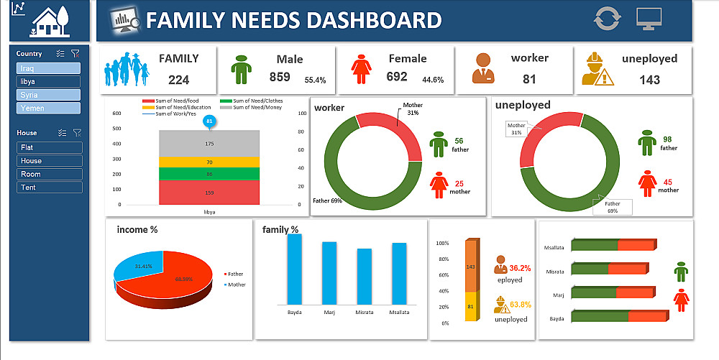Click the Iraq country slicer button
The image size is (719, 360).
tap(48, 68)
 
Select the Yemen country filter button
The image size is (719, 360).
tap(48, 109)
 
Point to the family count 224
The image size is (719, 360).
tap(178, 80)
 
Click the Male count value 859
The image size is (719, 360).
tap(280, 78)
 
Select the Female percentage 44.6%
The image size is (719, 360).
tap(433, 80)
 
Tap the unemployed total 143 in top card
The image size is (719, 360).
tap(649, 80)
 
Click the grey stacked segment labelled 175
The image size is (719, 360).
tap(209, 144)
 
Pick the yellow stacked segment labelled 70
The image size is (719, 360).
tap(209, 162)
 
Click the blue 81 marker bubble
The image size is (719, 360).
tap(209, 121)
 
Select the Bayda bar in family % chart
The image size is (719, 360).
tap(294, 269)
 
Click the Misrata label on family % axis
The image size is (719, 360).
tap(364, 313)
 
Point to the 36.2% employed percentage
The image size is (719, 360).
tap(520, 268)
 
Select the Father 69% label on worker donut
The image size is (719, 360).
tap(327, 200)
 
